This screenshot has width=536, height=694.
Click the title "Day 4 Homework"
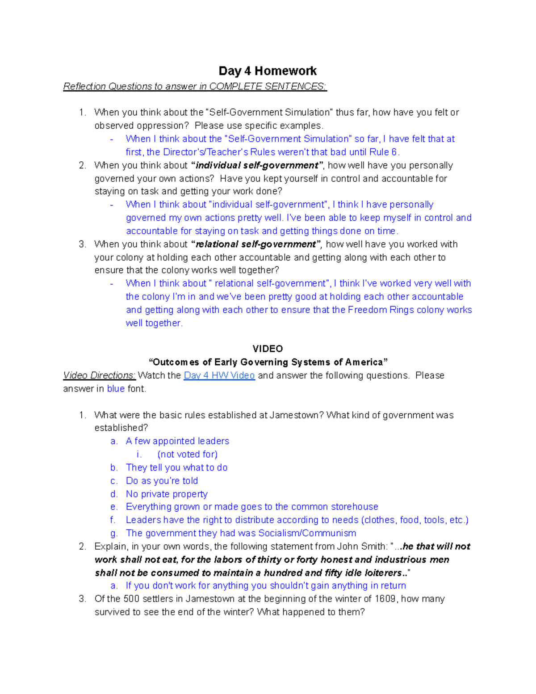coord(268,71)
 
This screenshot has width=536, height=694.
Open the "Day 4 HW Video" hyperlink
coord(219,375)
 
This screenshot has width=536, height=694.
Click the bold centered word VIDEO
coord(268,349)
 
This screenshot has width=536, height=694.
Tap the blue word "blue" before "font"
coord(116,389)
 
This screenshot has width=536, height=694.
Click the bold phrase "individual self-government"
coord(257,165)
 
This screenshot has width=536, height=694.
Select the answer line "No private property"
coord(167,494)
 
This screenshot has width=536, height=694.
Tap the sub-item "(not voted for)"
coord(188,454)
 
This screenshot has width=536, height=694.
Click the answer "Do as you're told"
coord(162,481)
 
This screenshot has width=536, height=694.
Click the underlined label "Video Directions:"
coord(99,375)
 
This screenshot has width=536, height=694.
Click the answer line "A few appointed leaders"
coord(177,441)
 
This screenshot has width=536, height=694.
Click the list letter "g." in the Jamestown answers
coord(114,533)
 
